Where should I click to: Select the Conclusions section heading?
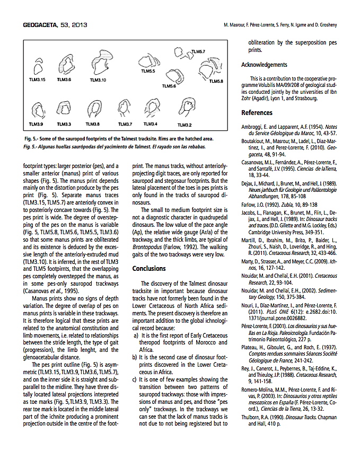(150, 268)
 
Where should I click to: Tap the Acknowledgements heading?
(264, 65)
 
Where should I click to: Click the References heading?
(257, 112)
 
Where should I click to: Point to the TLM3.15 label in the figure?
(37, 79)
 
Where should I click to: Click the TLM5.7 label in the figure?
(198, 51)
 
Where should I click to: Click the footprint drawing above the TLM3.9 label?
(38, 111)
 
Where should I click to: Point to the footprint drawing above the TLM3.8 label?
(93, 110)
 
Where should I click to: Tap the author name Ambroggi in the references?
(253, 127)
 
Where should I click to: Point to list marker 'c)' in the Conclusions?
(136, 380)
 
